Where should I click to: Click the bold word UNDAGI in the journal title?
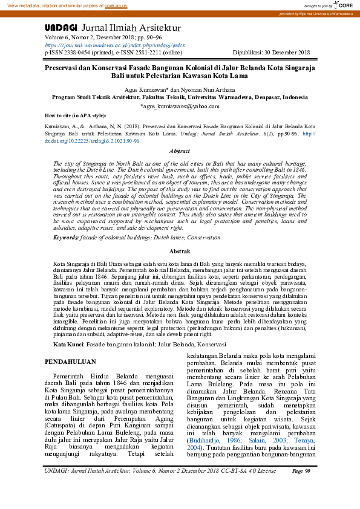pyautogui.click(x=61, y=28)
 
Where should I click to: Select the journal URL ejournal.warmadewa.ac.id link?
pyautogui.click(x=115, y=45)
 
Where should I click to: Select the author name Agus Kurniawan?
pyautogui.click(x=158, y=88)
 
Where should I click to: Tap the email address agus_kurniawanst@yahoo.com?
pyautogui.click(x=180, y=105)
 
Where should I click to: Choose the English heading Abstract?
pyautogui.click(x=180, y=151)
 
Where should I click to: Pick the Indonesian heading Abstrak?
pyautogui.click(x=180, y=250)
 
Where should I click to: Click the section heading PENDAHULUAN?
pyautogui.click(x=71, y=361)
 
